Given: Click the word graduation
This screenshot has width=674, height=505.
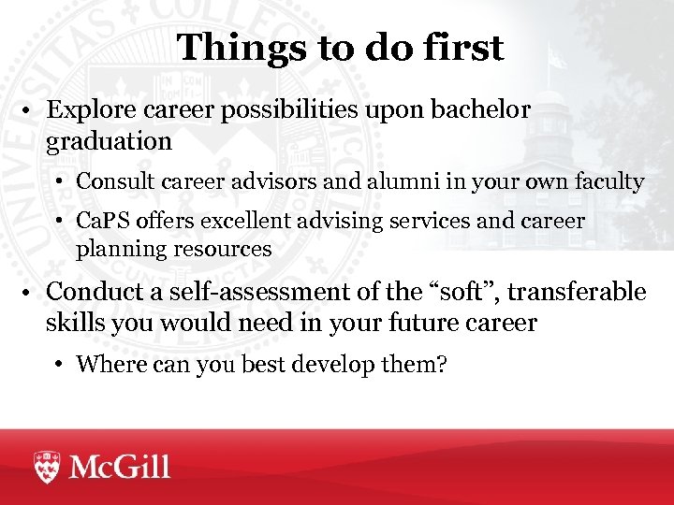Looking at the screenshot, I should click(109, 141).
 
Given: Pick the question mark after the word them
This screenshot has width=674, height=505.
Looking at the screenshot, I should click(441, 364).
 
